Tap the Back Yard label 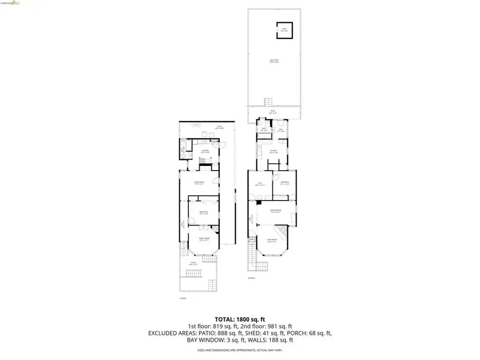274,61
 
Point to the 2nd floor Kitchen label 273,152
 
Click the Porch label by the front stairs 252,241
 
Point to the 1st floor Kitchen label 204,151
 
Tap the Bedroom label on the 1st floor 203,213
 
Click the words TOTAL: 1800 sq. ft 239,318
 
